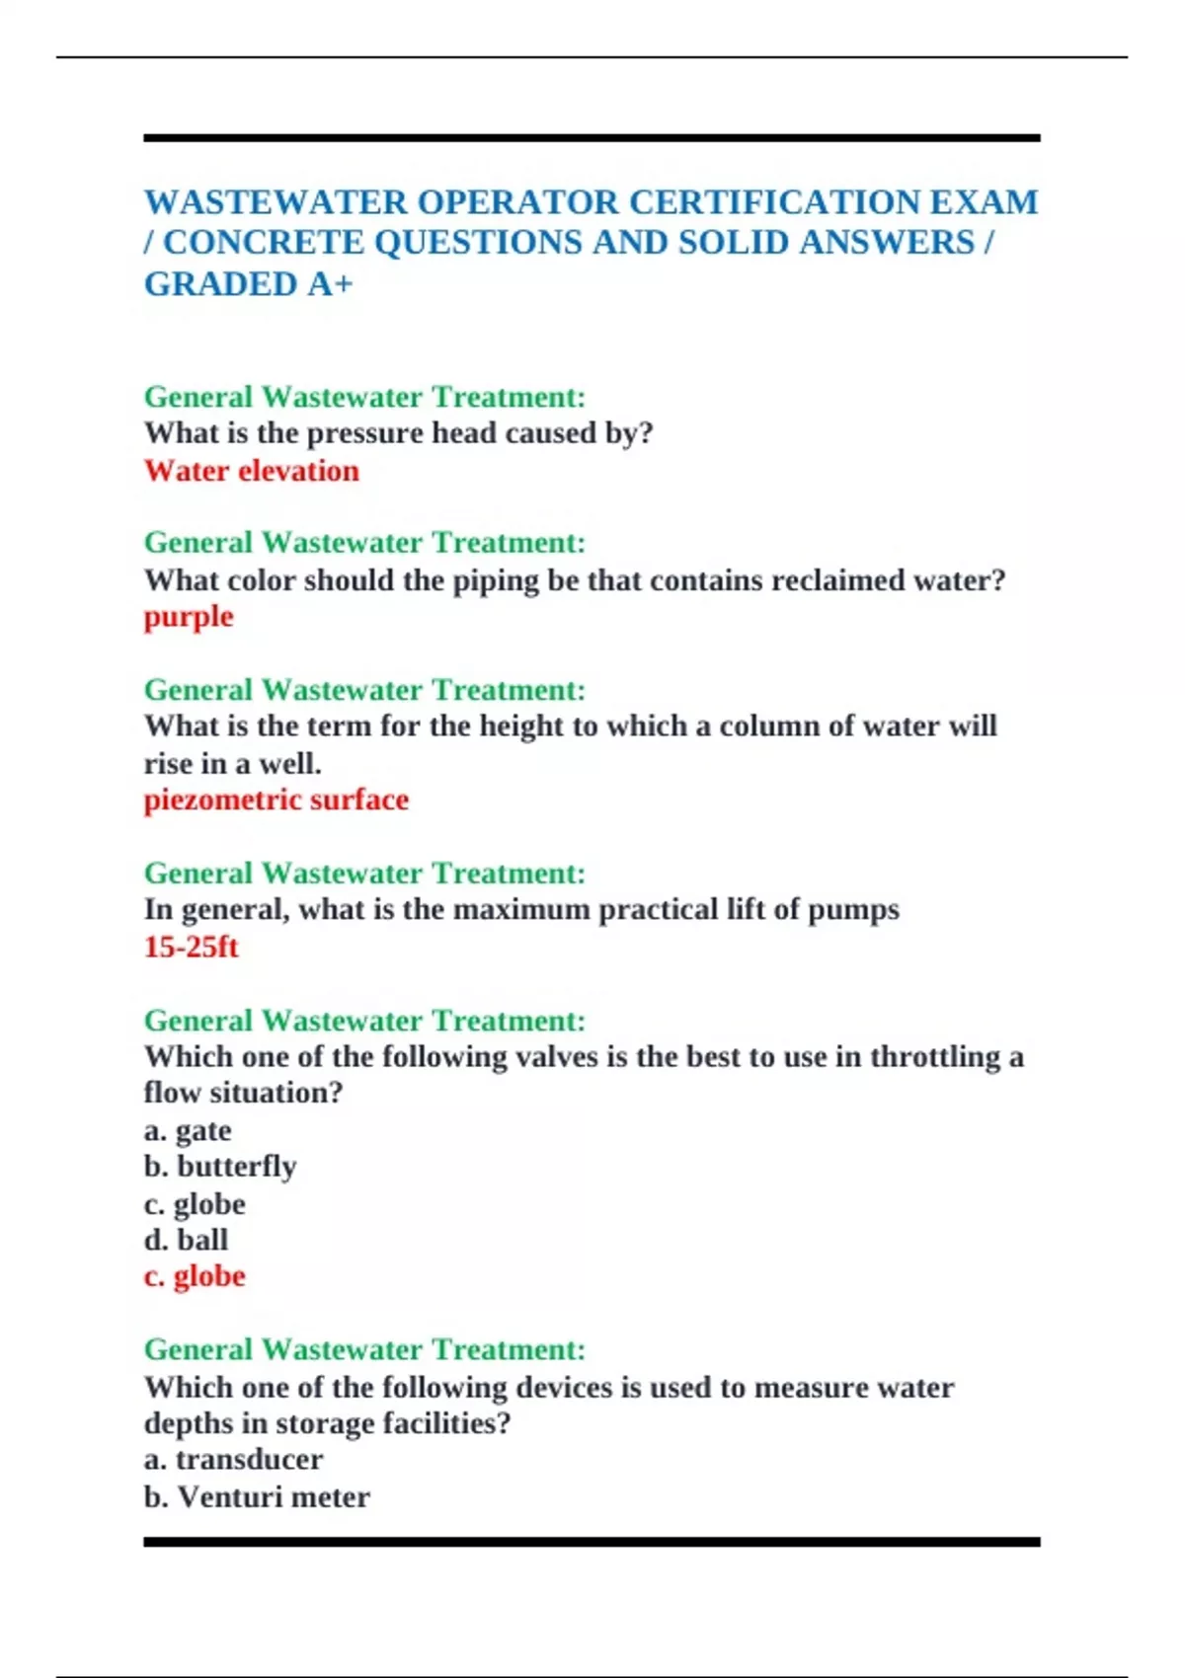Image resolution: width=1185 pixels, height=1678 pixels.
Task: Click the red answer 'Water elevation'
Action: pyautogui.click(x=252, y=471)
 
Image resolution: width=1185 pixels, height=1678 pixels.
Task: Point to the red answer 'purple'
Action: pyautogui.click(x=189, y=617)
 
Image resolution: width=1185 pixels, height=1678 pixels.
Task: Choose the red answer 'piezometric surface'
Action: pyautogui.click(x=276, y=800)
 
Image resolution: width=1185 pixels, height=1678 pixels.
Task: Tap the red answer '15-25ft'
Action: pyautogui.click(x=192, y=947)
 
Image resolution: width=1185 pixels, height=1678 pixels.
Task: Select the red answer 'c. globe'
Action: pyautogui.click(x=195, y=1276)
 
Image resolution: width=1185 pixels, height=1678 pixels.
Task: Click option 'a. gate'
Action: pyautogui.click(x=188, y=1130)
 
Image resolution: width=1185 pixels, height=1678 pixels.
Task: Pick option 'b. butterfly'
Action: pyautogui.click(x=220, y=1167)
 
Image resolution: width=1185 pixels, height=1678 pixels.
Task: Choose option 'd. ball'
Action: pyautogui.click(x=186, y=1240)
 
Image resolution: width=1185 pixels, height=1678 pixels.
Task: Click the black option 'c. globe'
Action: pyautogui.click(x=195, y=1204)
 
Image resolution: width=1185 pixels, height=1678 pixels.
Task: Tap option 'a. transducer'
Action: pyautogui.click(x=233, y=1460)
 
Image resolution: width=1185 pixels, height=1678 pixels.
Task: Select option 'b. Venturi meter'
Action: pyautogui.click(x=257, y=1497)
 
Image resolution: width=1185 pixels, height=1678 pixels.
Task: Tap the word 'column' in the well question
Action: pyautogui.click(x=768, y=726)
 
